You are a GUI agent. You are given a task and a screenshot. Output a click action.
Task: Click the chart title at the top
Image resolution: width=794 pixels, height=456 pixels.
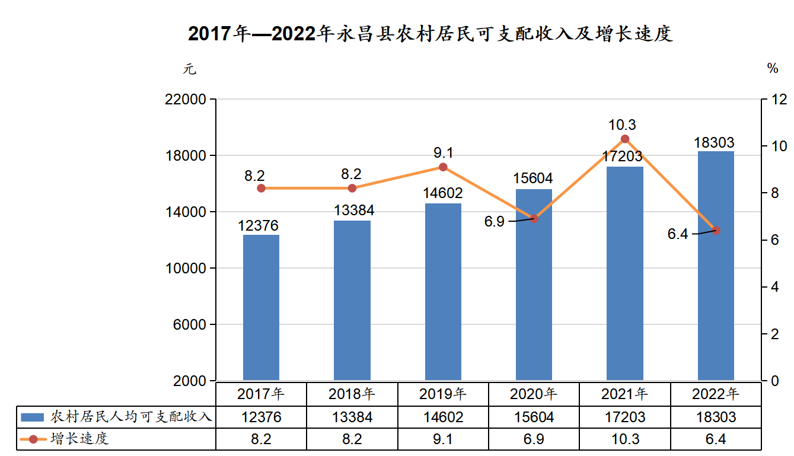(x=430, y=34)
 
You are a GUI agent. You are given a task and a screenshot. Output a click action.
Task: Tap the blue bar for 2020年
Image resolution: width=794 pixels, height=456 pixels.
(x=534, y=285)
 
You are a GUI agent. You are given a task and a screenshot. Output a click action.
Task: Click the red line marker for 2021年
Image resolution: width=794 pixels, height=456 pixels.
(x=624, y=139)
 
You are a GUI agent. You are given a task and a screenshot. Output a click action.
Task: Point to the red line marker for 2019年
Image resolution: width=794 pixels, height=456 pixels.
(x=442, y=167)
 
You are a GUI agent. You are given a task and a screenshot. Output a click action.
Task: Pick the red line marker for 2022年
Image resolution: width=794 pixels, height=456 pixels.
(x=716, y=230)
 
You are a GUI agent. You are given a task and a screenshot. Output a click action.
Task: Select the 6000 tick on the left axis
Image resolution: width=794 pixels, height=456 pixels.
(x=190, y=324)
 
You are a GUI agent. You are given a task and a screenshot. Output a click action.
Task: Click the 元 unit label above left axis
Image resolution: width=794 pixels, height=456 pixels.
(x=189, y=69)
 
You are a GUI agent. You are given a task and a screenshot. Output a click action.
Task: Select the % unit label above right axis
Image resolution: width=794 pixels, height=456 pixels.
(x=772, y=69)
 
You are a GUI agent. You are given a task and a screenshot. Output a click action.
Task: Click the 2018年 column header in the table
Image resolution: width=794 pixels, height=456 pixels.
(x=352, y=394)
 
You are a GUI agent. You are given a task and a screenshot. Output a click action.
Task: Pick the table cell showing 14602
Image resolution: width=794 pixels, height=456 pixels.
(x=443, y=417)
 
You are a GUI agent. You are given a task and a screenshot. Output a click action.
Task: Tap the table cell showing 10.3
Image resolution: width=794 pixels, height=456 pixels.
(x=624, y=439)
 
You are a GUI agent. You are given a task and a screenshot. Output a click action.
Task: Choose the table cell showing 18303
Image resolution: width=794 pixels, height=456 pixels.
(x=716, y=417)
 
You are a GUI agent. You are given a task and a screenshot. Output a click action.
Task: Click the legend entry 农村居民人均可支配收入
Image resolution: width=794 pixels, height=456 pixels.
(x=116, y=417)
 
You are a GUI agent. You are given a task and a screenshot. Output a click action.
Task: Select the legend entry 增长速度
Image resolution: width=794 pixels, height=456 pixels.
(x=65, y=439)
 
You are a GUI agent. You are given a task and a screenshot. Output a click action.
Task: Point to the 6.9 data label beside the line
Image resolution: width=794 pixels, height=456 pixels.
(x=494, y=222)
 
